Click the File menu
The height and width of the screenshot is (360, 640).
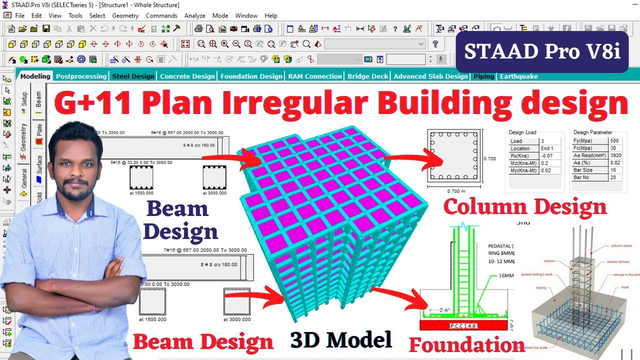coord(19,15)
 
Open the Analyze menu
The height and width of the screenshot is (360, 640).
coord(194,15)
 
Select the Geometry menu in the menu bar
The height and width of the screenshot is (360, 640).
coord(125,15)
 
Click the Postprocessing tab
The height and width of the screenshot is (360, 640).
coord(81,76)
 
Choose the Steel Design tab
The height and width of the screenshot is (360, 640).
coord(133,76)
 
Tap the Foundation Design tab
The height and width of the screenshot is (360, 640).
coord(251,76)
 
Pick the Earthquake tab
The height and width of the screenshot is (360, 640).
coord(519,76)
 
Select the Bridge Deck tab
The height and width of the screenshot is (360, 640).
coord(367,76)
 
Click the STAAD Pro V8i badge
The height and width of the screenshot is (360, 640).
coord(542,52)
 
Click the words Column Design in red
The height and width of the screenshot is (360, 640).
coord(525,206)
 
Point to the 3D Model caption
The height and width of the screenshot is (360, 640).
coord(341,340)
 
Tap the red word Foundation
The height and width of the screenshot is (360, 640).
coord(467,345)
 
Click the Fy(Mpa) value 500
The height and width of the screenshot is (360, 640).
coord(614,141)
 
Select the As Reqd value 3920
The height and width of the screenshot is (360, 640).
coord(616,155)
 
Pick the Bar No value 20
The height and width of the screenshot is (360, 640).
coord(613,177)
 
